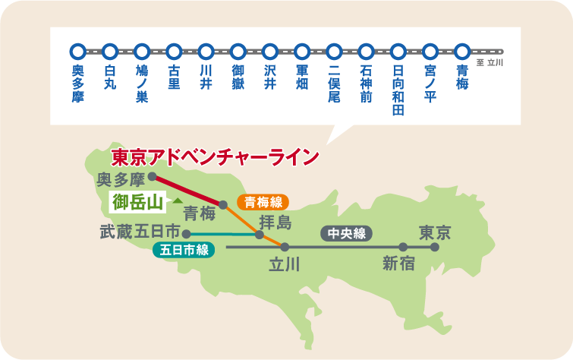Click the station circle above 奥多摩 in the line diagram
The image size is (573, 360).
point(77,52)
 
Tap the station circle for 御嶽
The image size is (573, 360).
point(238,52)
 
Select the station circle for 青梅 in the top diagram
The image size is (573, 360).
point(462,52)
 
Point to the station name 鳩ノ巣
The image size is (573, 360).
point(141,84)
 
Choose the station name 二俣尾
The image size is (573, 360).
point(334,84)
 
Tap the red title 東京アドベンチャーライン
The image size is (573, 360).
point(214,157)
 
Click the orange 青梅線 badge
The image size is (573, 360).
point(263,203)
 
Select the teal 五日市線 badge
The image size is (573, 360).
point(184,248)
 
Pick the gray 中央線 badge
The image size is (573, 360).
point(347,233)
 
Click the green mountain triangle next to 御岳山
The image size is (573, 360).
point(177,201)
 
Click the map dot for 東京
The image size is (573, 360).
point(435,247)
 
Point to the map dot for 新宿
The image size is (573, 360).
point(403,247)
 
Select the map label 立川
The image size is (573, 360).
point(285,265)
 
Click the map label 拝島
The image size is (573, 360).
point(275,223)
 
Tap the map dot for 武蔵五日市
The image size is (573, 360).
point(186,234)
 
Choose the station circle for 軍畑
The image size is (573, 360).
point(302,52)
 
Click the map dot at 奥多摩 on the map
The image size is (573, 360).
point(152,176)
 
